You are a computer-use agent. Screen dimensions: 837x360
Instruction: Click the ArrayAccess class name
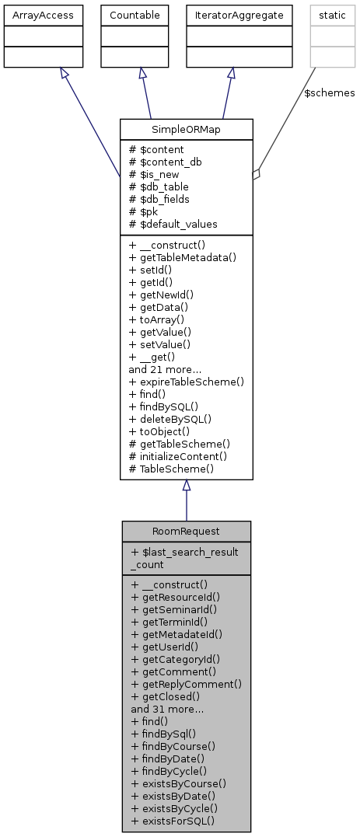tap(33, 14)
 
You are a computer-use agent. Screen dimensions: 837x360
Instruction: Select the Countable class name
tap(140, 14)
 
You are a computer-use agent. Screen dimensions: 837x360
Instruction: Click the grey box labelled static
tap(321, 14)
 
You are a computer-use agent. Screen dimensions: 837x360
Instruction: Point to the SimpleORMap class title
tap(186, 128)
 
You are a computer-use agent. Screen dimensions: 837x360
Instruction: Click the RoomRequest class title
tap(186, 532)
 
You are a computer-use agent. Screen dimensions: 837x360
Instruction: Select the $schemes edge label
tap(334, 93)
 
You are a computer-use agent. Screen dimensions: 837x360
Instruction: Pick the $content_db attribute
tap(165, 162)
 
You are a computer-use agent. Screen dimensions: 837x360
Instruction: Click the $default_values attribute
tap(174, 224)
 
